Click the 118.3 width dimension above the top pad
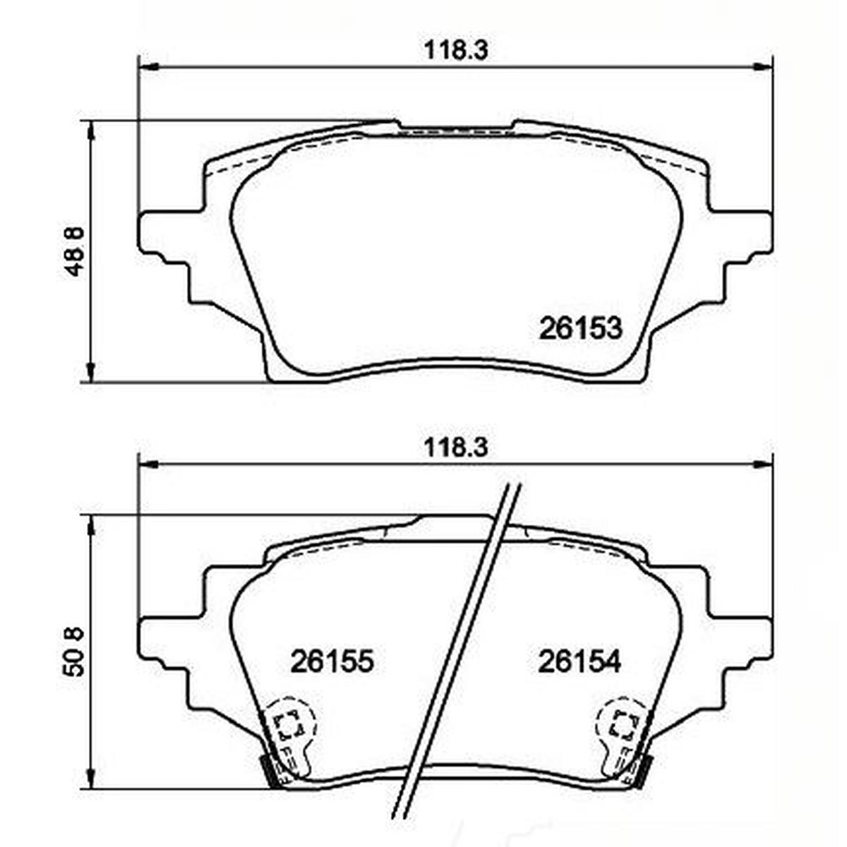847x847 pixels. (456, 52)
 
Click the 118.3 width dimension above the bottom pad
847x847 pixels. (456, 448)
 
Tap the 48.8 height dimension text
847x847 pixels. (74, 251)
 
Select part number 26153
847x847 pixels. (581, 328)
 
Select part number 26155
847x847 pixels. (332, 661)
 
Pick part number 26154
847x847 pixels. (579, 661)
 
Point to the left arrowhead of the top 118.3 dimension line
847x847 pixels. (148, 68)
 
